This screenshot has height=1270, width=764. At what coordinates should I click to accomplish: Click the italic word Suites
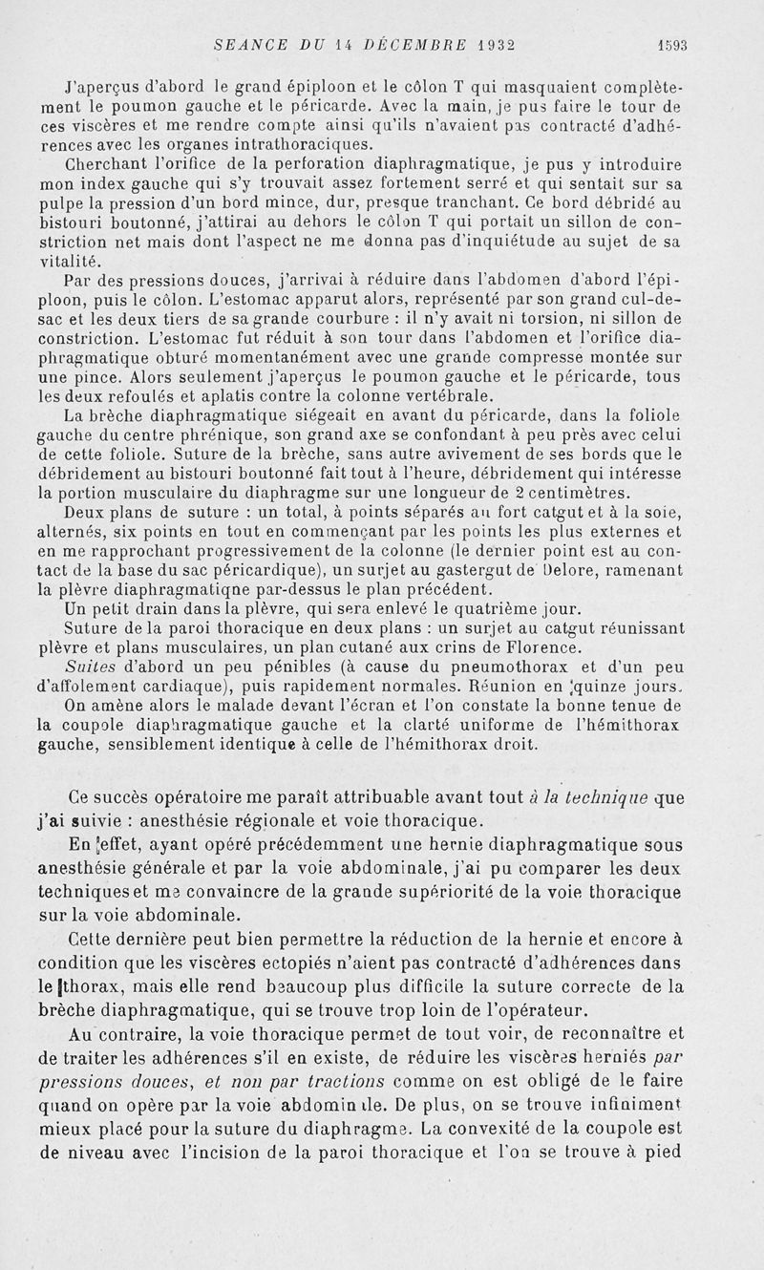click(x=89, y=667)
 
